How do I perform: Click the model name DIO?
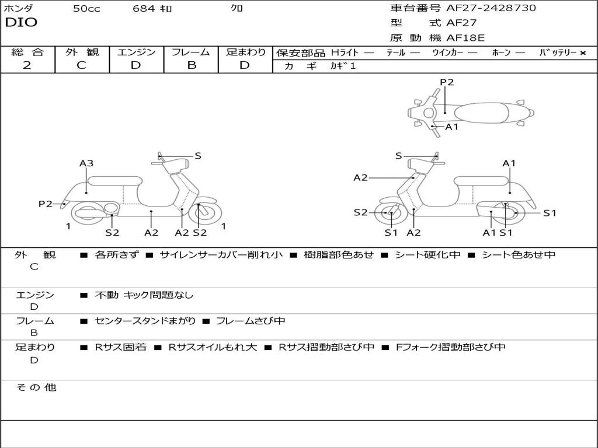pyautogui.click(x=21, y=23)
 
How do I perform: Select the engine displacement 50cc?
pyautogui.click(x=86, y=9)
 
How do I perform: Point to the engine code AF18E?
pyautogui.click(x=465, y=38)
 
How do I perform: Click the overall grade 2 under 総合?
pyautogui.click(x=27, y=65)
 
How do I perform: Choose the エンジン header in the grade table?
pyautogui.click(x=136, y=52)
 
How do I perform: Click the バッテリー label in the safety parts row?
pyautogui.click(x=558, y=52)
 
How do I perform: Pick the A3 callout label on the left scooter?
pyautogui.click(x=86, y=163)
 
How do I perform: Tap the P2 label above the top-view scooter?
pyautogui.click(x=447, y=82)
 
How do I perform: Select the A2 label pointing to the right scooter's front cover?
pyautogui.click(x=360, y=178)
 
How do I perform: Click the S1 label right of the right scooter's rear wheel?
pyautogui.click(x=550, y=213)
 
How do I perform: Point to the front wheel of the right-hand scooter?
pyautogui.click(x=390, y=213)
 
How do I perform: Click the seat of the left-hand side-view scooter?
pyautogui.click(x=114, y=180)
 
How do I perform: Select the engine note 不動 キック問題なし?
pyautogui.click(x=144, y=295)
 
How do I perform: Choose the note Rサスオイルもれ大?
pyautogui.click(x=213, y=347)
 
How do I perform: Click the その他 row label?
pyautogui.click(x=36, y=387)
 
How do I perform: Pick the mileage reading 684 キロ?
pyautogui.click(x=152, y=9)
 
